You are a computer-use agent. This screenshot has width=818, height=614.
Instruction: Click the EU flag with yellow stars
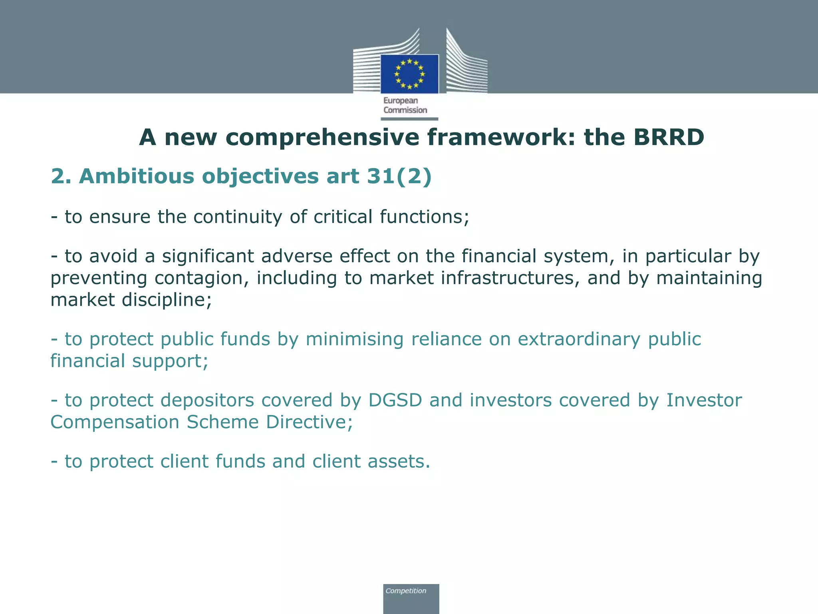click(409, 74)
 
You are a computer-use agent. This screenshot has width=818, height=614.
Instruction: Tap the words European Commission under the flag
click(405, 106)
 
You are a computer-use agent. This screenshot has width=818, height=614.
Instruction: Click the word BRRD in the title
click(669, 137)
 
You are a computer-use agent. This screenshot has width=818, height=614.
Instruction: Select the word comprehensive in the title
click(322, 137)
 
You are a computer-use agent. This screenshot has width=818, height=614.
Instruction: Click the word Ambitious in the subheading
click(137, 176)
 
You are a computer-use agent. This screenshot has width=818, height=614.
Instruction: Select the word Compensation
click(115, 422)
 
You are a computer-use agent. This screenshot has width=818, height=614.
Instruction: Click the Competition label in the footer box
click(406, 591)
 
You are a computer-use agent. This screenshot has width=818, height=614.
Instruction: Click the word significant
click(208, 256)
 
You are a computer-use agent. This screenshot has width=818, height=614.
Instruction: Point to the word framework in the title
click(501, 137)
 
